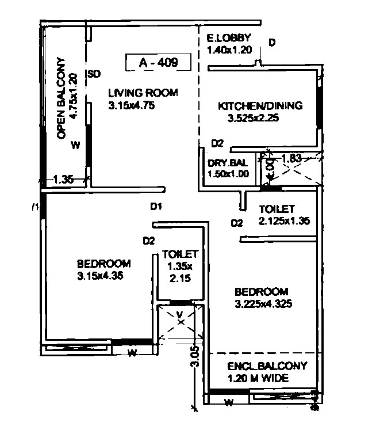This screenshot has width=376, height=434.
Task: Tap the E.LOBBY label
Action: pos(229,39)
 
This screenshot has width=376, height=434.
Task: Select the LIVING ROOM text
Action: pos(143,93)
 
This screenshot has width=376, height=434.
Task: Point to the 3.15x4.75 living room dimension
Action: pos(131,105)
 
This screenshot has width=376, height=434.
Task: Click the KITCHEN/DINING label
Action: pos(259,106)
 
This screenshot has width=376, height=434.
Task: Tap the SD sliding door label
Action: pos(94,74)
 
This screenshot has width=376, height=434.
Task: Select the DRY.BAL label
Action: pos(228,162)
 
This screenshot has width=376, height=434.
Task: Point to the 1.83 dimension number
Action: pos(293,157)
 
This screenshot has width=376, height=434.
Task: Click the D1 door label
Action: pos(157,207)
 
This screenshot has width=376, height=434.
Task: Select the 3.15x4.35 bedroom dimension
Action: pos(100,276)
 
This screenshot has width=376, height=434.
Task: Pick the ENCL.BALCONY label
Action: pos(267,366)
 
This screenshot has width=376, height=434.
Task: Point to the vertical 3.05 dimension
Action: pos(195,357)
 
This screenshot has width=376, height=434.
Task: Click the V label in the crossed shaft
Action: pos(180,314)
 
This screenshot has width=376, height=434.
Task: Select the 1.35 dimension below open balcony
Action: pos(63,180)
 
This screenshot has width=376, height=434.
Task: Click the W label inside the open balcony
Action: pos(75,145)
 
